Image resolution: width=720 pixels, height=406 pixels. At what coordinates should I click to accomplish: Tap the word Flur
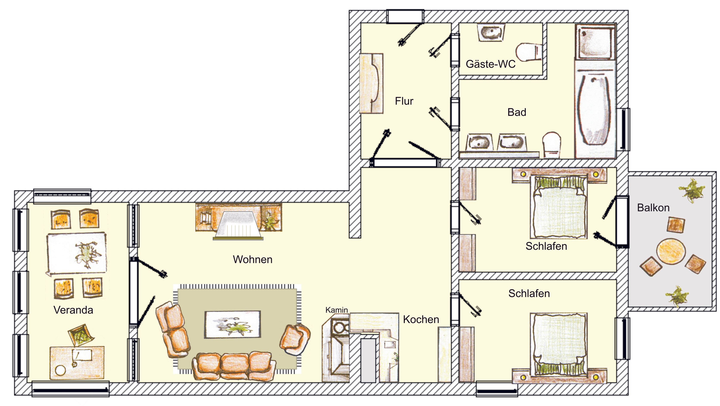(x=404, y=101)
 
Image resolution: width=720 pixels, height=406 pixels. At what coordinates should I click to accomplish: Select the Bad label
(x=517, y=112)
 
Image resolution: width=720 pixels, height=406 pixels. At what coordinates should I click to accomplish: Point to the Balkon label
(x=653, y=208)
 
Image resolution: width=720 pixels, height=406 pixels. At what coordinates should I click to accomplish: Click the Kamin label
(x=337, y=310)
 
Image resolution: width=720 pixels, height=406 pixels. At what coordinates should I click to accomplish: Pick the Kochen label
(x=421, y=319)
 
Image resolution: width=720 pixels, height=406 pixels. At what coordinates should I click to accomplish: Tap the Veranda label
(x=73, y=310)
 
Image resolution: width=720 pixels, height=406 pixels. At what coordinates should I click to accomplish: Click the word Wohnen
(x=252, y=260)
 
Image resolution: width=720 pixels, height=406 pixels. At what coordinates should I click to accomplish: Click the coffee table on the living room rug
(x=233, y=324)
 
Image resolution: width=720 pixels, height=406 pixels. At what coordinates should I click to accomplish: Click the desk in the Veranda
(x=77, y=362)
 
